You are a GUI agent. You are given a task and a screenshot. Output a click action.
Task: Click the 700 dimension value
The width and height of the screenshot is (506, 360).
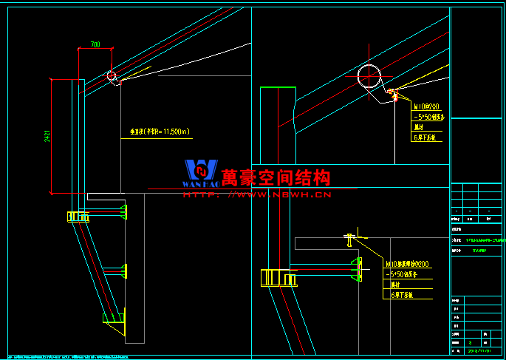(x=95, y=45)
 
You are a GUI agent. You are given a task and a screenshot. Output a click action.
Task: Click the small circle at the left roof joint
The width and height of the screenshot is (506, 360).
(x=111, y=75)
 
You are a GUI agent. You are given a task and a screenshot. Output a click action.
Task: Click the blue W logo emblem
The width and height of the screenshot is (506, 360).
(x=200, y=174)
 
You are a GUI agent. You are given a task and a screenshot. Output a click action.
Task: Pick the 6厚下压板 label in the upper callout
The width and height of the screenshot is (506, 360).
(x=425, y=137)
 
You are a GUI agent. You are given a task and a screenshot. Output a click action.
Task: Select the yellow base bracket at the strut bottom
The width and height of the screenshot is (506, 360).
(x=115, y=318)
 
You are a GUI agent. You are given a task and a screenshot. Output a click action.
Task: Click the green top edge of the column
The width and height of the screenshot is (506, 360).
(x=278, y=88)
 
